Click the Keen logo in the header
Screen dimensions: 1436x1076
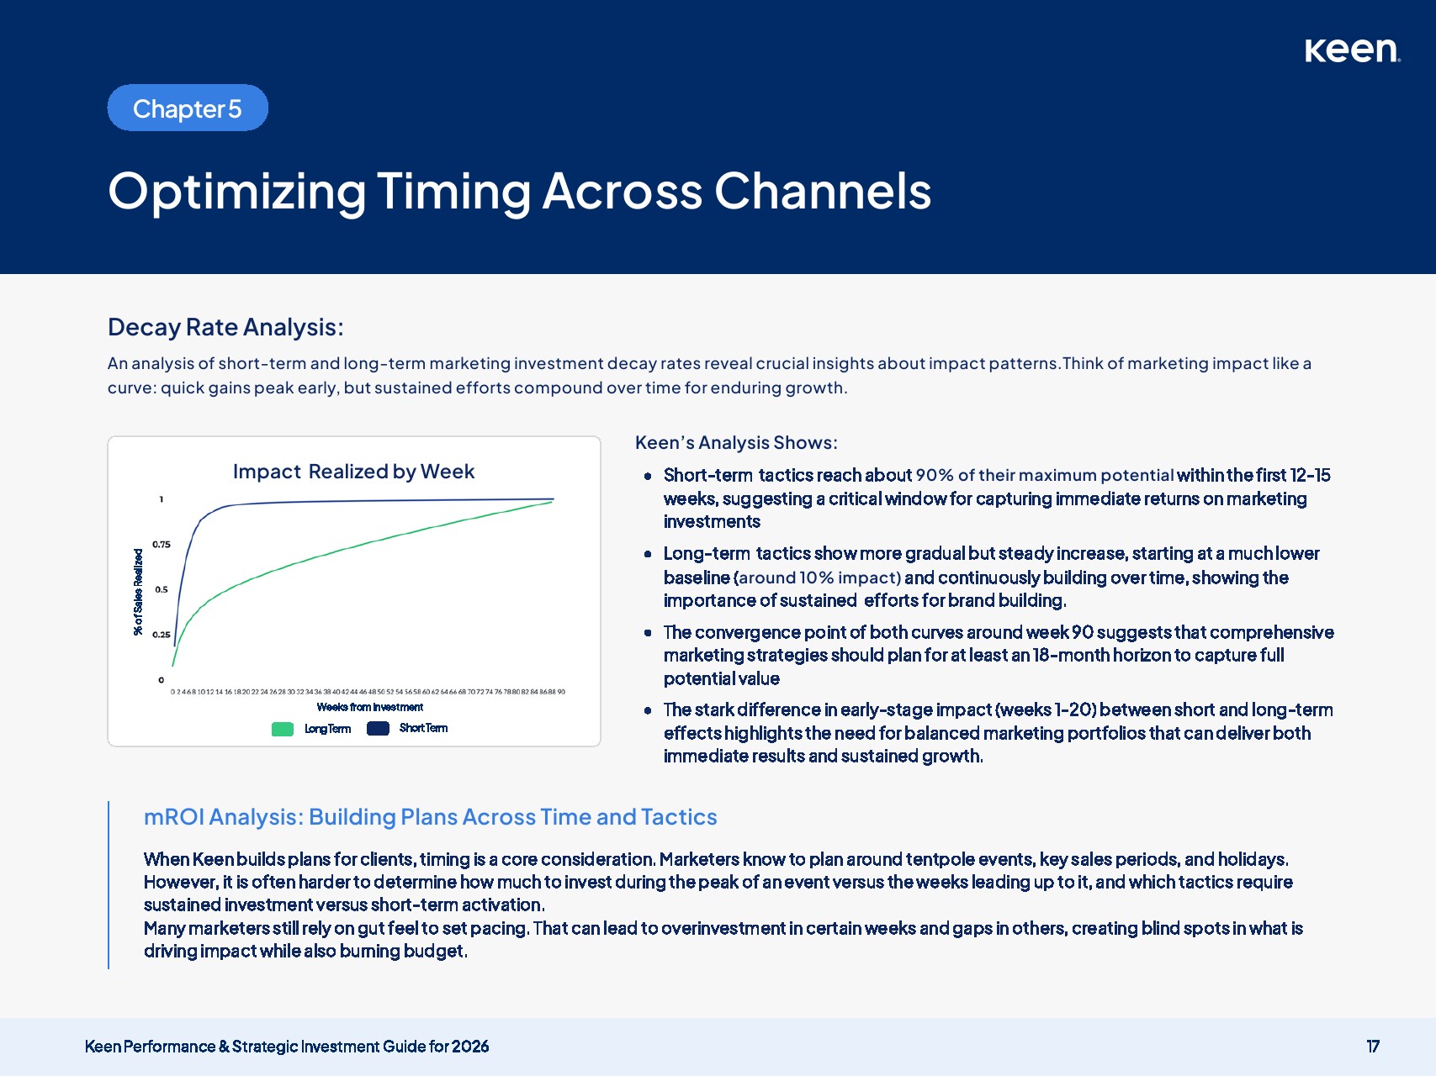(x=1352, y=50)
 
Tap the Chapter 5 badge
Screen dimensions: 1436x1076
(x=188, y=108)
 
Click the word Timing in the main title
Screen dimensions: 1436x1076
(x=453, y=192)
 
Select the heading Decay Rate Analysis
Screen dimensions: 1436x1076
(x=225, y=327)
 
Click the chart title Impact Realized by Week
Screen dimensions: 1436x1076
(x=354, y=472)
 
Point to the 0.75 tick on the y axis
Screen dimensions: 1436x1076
(x=162, y=545)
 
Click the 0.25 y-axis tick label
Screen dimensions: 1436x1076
(x=162, y=635)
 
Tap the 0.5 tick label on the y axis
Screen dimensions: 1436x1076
(x=162, y=589)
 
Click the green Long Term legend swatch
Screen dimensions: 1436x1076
(x=283, y=729)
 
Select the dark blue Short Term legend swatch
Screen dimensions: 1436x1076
(x=378, y=728)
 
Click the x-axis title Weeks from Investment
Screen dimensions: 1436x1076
(x=370, y=707)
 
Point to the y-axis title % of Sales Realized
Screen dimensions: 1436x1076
(x=139, y=592)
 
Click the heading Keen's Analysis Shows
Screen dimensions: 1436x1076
(x=736, y=443)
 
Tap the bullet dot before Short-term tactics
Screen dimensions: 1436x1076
(x=648, y=476)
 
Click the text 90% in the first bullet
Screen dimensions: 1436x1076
(x=935, y=476)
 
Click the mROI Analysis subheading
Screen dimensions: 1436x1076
(x=431, y=817)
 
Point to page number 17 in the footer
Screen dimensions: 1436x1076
(x=1373, y=1047)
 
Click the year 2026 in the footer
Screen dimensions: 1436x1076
(x=470, y=1047)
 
